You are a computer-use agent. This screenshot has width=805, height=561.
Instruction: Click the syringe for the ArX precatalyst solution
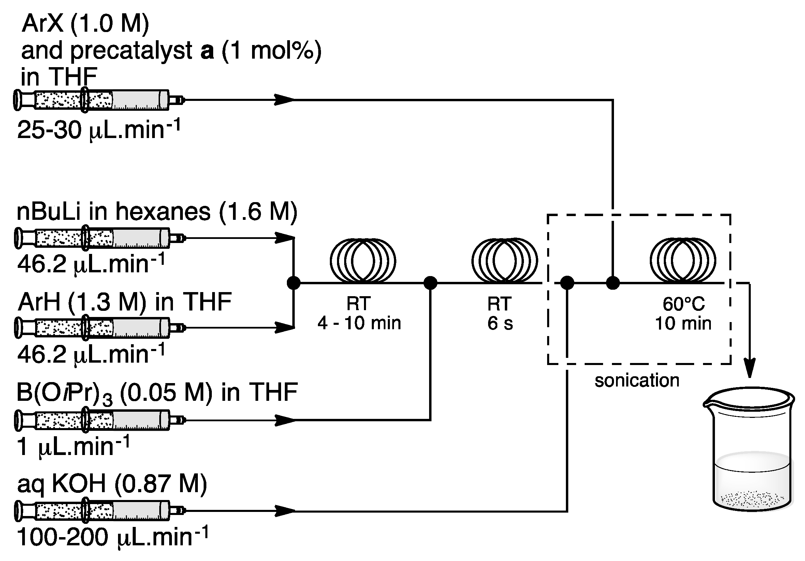(98, 100)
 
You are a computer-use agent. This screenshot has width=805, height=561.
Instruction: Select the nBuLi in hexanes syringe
(98, 238)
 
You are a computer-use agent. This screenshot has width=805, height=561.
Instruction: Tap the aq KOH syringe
(98, 511)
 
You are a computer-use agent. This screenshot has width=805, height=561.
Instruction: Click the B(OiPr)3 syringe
(98, 420)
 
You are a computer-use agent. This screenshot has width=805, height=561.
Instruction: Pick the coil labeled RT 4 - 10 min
(363, 261)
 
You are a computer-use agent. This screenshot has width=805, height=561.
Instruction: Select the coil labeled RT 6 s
(504, 261)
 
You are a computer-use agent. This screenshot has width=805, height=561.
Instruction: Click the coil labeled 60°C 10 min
(683, 261)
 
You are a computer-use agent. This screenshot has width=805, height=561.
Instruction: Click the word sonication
(637, 381)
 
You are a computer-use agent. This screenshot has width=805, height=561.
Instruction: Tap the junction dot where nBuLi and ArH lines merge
(293, 283)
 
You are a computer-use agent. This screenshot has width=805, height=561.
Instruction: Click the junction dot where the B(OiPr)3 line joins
(430, 283)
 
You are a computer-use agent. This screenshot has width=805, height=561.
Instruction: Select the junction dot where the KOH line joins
(567, 283)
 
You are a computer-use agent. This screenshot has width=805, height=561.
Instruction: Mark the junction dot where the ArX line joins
(613, 283)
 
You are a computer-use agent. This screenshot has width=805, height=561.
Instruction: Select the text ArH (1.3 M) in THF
(125, 302)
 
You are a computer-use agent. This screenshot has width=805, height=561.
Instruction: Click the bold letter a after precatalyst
(207, 51)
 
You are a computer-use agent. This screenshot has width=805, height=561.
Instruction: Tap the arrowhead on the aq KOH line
(285, 511)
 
